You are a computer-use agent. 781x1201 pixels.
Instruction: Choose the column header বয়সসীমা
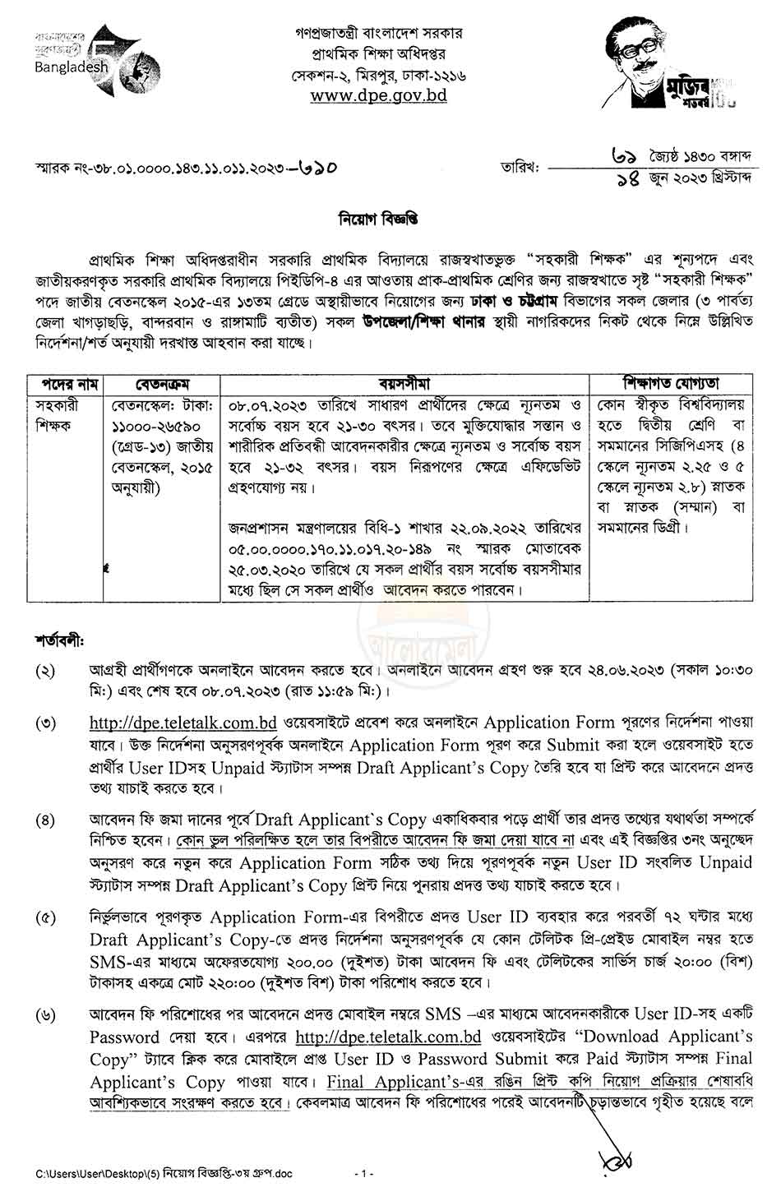[x=404, y=384]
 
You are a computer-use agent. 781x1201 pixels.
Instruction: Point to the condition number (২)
[x=45, y=670]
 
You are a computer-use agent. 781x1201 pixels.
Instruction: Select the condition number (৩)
[x=45, y=724]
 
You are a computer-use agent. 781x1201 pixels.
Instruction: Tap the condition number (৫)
[x=45, y=917]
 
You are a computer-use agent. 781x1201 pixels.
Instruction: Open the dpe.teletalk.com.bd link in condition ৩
[x=183, y=723]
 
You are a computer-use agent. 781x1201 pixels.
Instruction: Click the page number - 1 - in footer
[x=363, y=1173]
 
